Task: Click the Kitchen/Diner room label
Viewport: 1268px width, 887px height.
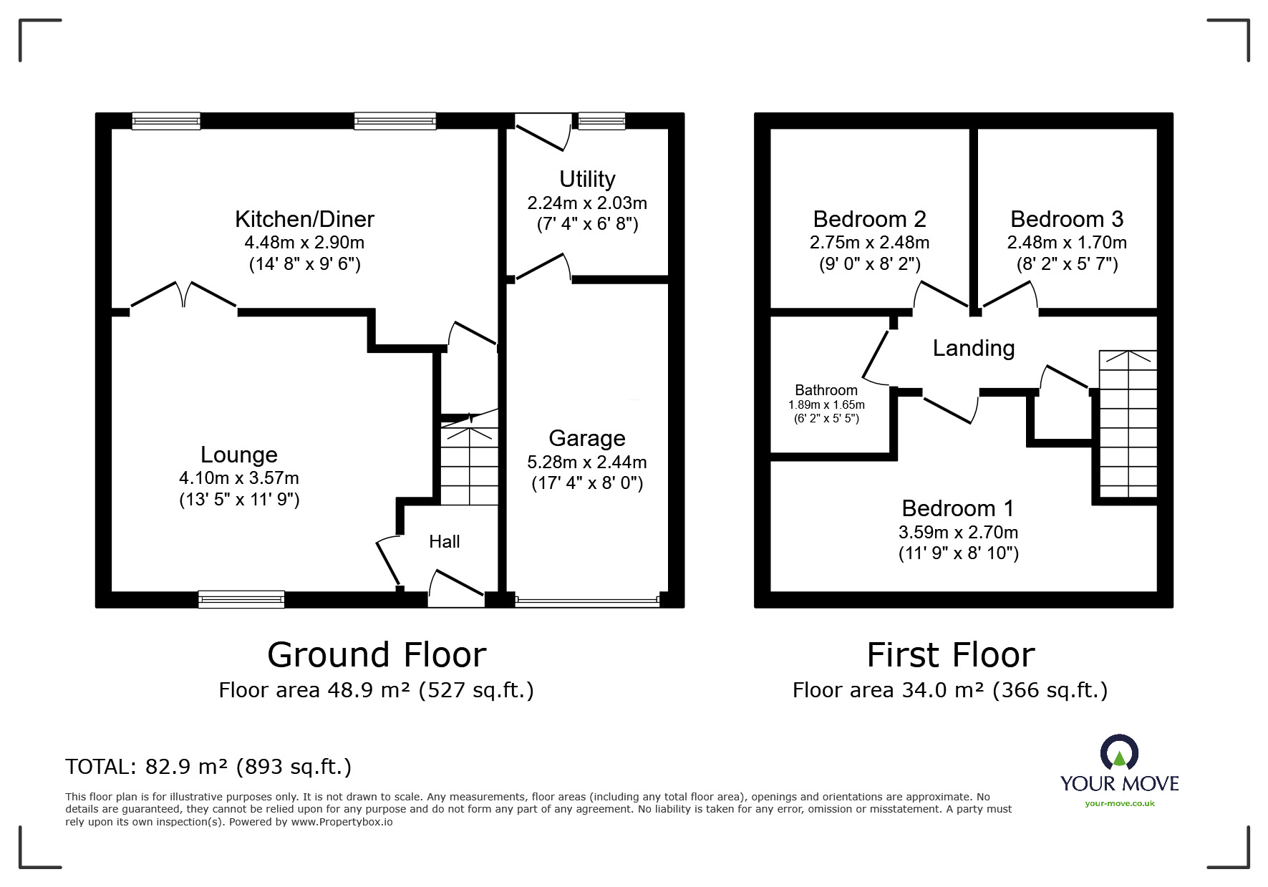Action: point(304,219)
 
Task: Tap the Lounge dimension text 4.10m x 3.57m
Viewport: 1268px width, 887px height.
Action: point(239,478)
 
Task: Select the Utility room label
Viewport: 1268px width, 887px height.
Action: point(587,179)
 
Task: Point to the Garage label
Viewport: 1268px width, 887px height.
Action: point(587,438)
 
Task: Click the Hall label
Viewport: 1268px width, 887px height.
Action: point(445,542)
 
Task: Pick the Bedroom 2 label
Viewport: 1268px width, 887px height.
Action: point(870,219)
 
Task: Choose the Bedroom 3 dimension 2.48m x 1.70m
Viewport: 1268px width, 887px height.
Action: point(1067,243)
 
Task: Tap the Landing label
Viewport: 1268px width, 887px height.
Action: point(974,349)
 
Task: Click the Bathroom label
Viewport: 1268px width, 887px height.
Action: point(826,390)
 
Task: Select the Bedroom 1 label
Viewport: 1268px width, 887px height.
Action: point(958,508)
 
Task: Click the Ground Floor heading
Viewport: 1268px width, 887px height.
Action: point(377,655)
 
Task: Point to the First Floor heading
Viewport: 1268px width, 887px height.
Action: point(951,655)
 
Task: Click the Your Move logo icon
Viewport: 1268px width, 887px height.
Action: point(1119,752)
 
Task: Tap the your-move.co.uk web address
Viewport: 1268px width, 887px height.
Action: point(1120,803)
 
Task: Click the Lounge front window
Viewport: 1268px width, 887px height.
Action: point(241,599)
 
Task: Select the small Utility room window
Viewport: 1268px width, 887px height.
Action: point(601,121)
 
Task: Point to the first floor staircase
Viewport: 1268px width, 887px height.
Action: point(1128,424)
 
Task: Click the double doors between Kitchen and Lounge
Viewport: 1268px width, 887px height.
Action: point(184,296)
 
